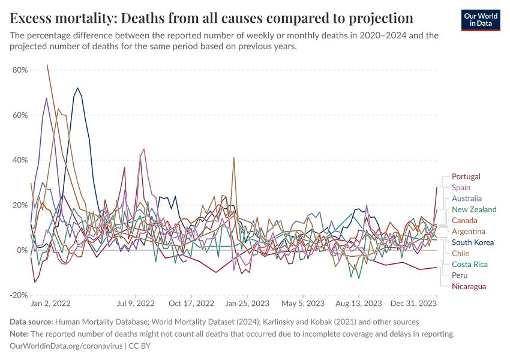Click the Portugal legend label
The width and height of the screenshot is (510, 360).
click(466, 176)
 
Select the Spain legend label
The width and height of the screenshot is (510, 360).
click(461, 188)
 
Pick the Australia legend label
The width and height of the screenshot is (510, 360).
click(467, 199)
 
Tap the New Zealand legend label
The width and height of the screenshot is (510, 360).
click(474, 209)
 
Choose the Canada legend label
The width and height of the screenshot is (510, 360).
click(464, 220)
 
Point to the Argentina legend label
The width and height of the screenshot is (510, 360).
click(469, 231)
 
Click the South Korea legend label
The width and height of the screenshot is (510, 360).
click(473, 242)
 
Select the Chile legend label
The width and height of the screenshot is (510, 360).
click(461, 253)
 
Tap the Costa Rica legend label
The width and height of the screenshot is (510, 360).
click(469, 264)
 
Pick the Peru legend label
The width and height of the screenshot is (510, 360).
click(460, 275)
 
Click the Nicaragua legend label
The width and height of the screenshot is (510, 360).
click(469, 286)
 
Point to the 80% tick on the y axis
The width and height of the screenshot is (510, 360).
click(20, 70)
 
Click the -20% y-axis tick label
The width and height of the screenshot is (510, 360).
click(19, 295)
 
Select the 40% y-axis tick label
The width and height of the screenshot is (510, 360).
click(20, 160)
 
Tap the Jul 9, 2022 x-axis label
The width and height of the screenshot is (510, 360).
click(137, 304)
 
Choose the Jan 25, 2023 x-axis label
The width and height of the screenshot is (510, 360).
click(247, 304)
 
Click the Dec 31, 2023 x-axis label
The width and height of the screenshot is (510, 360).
click(413, 304)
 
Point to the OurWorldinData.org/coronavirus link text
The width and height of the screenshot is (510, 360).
click(66, 346)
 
